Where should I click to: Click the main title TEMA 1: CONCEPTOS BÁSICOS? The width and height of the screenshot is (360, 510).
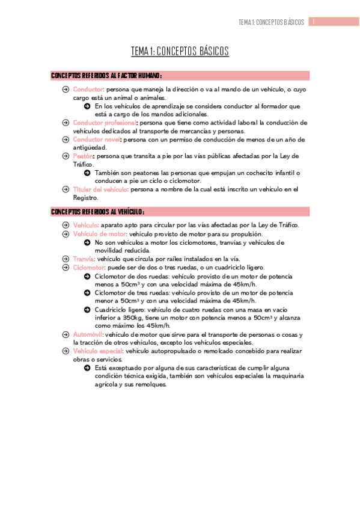pyautogui.click(x=180, y=52)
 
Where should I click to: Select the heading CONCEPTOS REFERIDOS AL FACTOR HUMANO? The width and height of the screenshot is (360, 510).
pyautogui.click(x=107, y=76)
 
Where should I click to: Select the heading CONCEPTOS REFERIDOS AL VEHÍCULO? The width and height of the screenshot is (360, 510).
pyautogui.click(x=98, y=212)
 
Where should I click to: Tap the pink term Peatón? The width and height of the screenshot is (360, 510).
pyautogui.click(x=83, y=156)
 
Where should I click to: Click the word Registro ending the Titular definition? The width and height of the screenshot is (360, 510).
pyautogui.click(x=85, y=197)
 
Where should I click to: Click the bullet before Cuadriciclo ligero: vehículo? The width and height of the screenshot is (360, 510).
pyautogui.click(x=88, y=309)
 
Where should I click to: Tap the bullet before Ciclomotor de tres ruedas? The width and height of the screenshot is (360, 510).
pyautogui.click(x=88, y=293)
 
